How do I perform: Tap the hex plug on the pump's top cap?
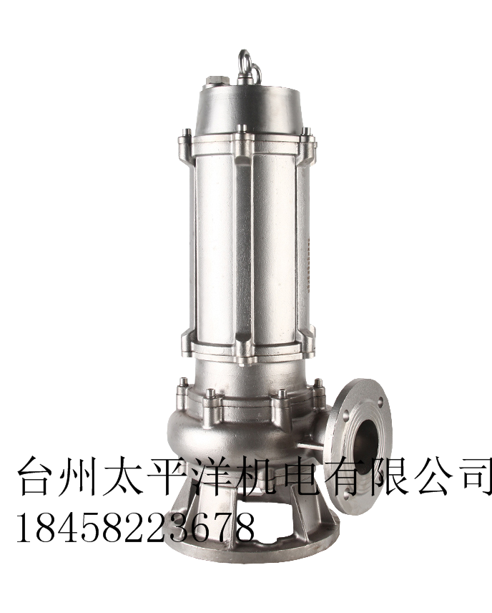[215, 82]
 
